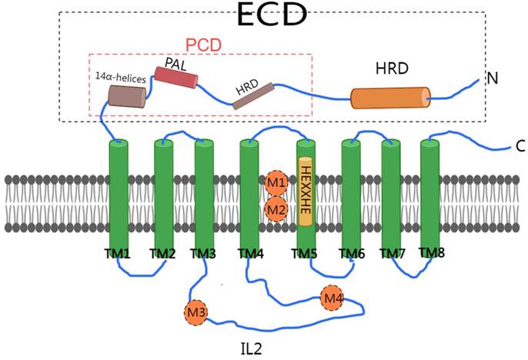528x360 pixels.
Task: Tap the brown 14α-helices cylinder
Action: [x=126, y=96]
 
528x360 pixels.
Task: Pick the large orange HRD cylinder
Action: [x=390, y=98]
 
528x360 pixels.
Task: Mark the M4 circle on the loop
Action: [x=332, y=297]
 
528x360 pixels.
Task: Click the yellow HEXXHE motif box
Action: [x=306, y=192]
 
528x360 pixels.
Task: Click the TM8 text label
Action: [x=432, y=252]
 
